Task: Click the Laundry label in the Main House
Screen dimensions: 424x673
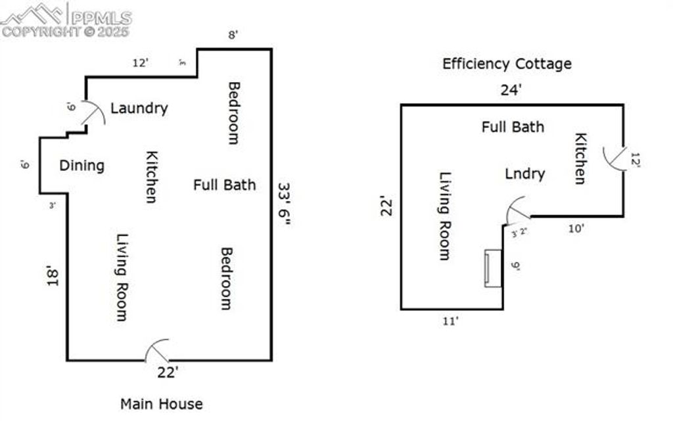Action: point(139,108)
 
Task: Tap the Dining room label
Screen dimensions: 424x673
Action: point(81,165)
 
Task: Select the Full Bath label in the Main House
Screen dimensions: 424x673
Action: point(224,185)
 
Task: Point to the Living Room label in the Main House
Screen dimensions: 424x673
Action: point(122,277)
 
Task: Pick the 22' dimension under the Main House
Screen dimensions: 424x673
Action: point(168,373)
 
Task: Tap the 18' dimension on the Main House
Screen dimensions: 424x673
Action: point(53,276)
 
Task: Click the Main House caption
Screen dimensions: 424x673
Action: point(161,404)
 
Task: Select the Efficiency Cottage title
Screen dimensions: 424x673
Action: point(506,64)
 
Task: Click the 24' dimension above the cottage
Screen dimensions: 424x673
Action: point(511,90)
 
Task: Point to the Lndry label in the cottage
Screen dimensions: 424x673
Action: point(524,174)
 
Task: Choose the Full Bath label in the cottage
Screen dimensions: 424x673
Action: point(513,126)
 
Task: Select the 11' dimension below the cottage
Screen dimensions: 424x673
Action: point(452,321)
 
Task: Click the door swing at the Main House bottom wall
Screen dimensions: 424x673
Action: point(158,350)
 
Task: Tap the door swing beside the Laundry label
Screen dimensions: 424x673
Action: point(93,113)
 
